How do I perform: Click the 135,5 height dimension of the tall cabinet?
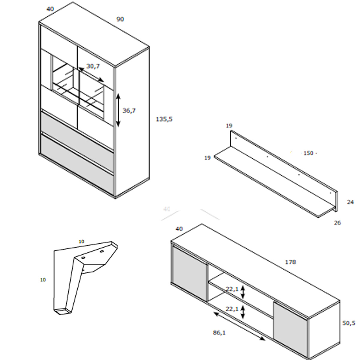(164, 119)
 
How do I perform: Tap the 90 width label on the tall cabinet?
(120, 19)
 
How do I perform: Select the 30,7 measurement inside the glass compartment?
(93, 66)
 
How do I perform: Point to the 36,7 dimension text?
(129, 111)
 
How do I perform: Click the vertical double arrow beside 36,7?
(118, 110)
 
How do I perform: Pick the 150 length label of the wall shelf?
(308, 153)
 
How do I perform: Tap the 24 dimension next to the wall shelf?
(350, 202)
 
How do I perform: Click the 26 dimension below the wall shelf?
(337, 223)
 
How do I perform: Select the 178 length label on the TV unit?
(290, 262)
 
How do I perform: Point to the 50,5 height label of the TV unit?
(349, 323)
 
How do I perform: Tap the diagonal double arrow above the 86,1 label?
(239, 326)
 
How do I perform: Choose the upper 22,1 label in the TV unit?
(232, 289)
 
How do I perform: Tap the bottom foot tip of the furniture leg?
(63, 311)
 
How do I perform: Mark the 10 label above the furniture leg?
(81, 241)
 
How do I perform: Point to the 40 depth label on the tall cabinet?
(50, 9)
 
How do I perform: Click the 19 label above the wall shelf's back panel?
(229, 126)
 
